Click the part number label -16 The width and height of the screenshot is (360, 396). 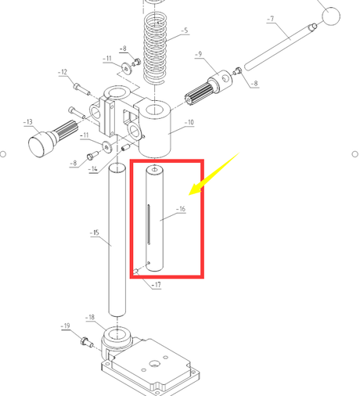coord(181,209)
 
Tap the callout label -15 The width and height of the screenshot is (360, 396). coord(95,232)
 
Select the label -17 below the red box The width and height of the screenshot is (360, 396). coord(156,285)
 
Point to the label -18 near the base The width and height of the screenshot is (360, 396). coord(90,317)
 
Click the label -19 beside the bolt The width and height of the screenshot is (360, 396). coord(65,326)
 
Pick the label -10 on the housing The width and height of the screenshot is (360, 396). coord(189,122)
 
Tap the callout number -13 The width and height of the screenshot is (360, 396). coord(28,122)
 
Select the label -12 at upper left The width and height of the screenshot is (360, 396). coord(63,72)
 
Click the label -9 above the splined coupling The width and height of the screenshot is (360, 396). coord(199,54)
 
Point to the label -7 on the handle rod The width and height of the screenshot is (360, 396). coord(271,19)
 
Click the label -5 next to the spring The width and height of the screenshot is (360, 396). coord(185,31)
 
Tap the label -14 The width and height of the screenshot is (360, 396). coord(93,169)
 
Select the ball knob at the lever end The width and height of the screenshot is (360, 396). coord(331,16)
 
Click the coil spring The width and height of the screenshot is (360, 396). coord(155,49)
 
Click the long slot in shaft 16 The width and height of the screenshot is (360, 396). coord(149,225)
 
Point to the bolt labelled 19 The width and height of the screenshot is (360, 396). coord(87,341)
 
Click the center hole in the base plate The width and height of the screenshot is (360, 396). coord(154,363)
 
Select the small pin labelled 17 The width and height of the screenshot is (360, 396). coord(135,272)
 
